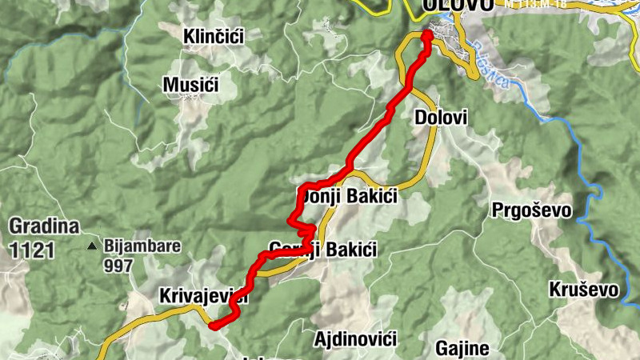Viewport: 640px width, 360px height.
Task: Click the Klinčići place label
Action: pos(213,36)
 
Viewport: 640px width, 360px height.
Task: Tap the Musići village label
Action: pos(190,84)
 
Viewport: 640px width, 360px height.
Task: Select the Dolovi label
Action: pos(440,118)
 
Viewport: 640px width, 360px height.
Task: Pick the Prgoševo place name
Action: pos(531,210)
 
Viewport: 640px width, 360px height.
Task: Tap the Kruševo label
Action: pos(584,290)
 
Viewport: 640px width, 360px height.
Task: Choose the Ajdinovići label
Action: pos(356,339)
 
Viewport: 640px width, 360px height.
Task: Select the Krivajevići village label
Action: pos(203,296)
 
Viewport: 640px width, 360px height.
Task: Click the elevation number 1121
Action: pos(32,250)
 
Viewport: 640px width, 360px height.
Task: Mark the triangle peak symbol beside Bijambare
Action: pos(94,246)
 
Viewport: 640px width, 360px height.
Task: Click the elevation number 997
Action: pos(118,266)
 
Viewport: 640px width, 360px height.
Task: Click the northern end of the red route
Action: pos(426,34)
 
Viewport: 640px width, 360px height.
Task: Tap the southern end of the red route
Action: pos(213,325)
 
